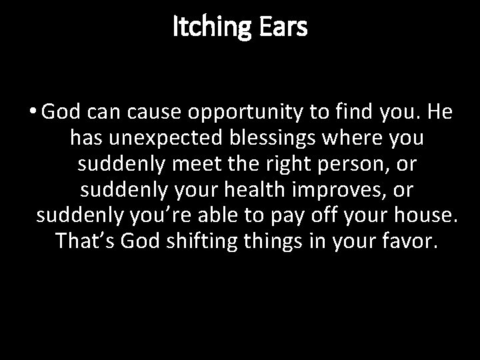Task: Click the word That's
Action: click(x=85, y=239)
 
